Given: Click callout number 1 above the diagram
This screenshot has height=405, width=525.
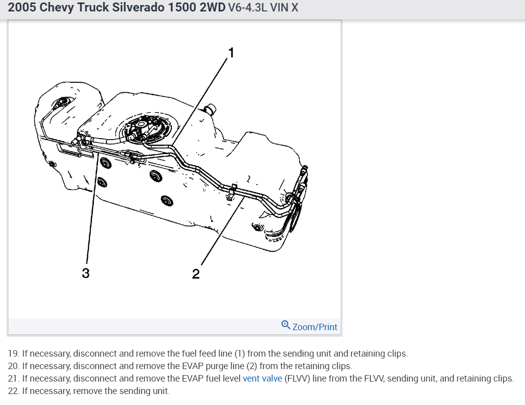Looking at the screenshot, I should [x=231, y=51].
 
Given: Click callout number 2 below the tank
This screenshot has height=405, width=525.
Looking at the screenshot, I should [x=196, y=273].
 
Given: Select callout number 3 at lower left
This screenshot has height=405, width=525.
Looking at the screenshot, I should [x=86, y=273].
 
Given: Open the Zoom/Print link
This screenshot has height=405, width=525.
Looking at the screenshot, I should [x=315, y=327].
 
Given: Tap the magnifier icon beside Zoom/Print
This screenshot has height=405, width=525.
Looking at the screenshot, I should [x=286, y=325].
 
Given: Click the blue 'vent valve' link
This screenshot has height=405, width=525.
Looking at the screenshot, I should [x=262, y=379].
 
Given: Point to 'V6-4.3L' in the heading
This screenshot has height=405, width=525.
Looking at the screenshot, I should [x=247, y=8].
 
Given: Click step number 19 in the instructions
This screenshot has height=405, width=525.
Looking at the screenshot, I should [x=13, y=354].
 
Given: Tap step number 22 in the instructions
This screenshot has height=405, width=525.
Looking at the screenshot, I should [x=13, y=391].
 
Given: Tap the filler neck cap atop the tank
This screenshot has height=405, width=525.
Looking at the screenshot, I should [x=209, y=108].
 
